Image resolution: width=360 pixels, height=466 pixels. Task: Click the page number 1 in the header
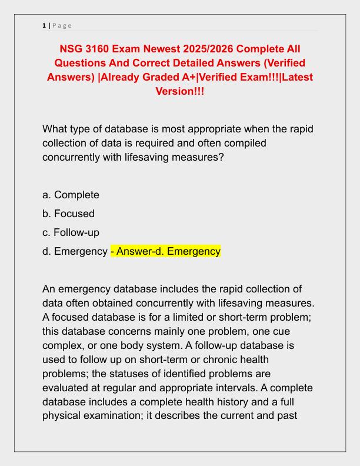coord(44,25)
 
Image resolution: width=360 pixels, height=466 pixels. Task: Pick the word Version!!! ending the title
coord(179,92)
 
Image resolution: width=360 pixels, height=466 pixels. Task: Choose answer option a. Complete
coord(71,195)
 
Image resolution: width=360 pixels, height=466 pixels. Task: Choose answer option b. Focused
coord(68,214)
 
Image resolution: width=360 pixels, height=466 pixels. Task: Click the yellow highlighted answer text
coord(165,251)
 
